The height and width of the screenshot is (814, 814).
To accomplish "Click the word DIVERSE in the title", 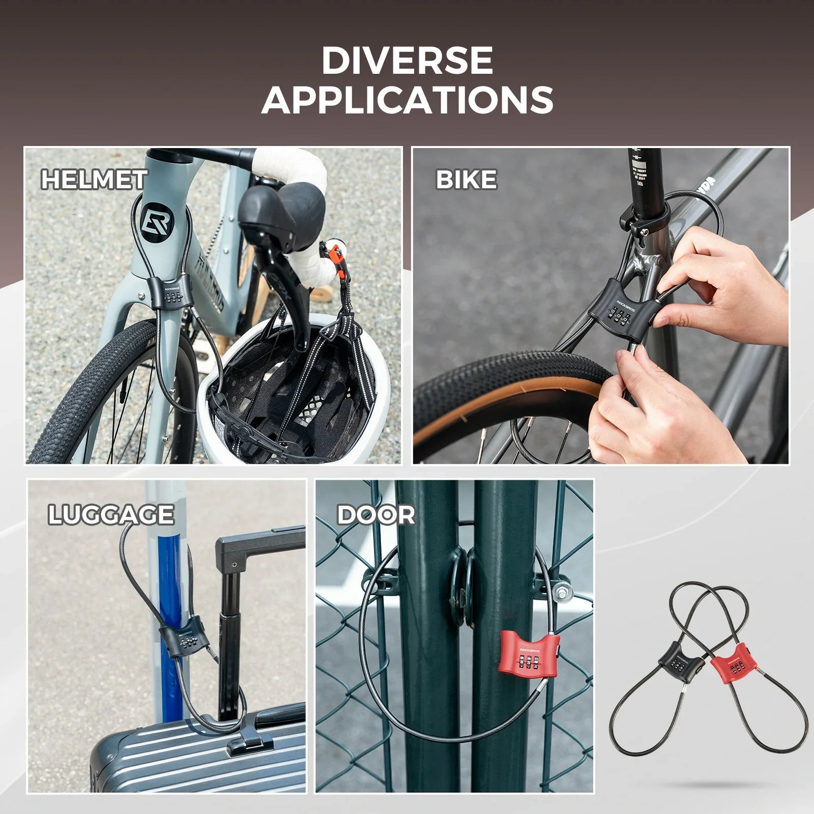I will (407, 61).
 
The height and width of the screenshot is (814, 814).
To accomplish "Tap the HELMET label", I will (94, 180).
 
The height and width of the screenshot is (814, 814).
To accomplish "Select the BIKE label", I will (466, 180).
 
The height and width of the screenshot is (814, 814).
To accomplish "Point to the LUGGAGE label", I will (111, 515).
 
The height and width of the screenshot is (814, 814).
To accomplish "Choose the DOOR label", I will (376, 515).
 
